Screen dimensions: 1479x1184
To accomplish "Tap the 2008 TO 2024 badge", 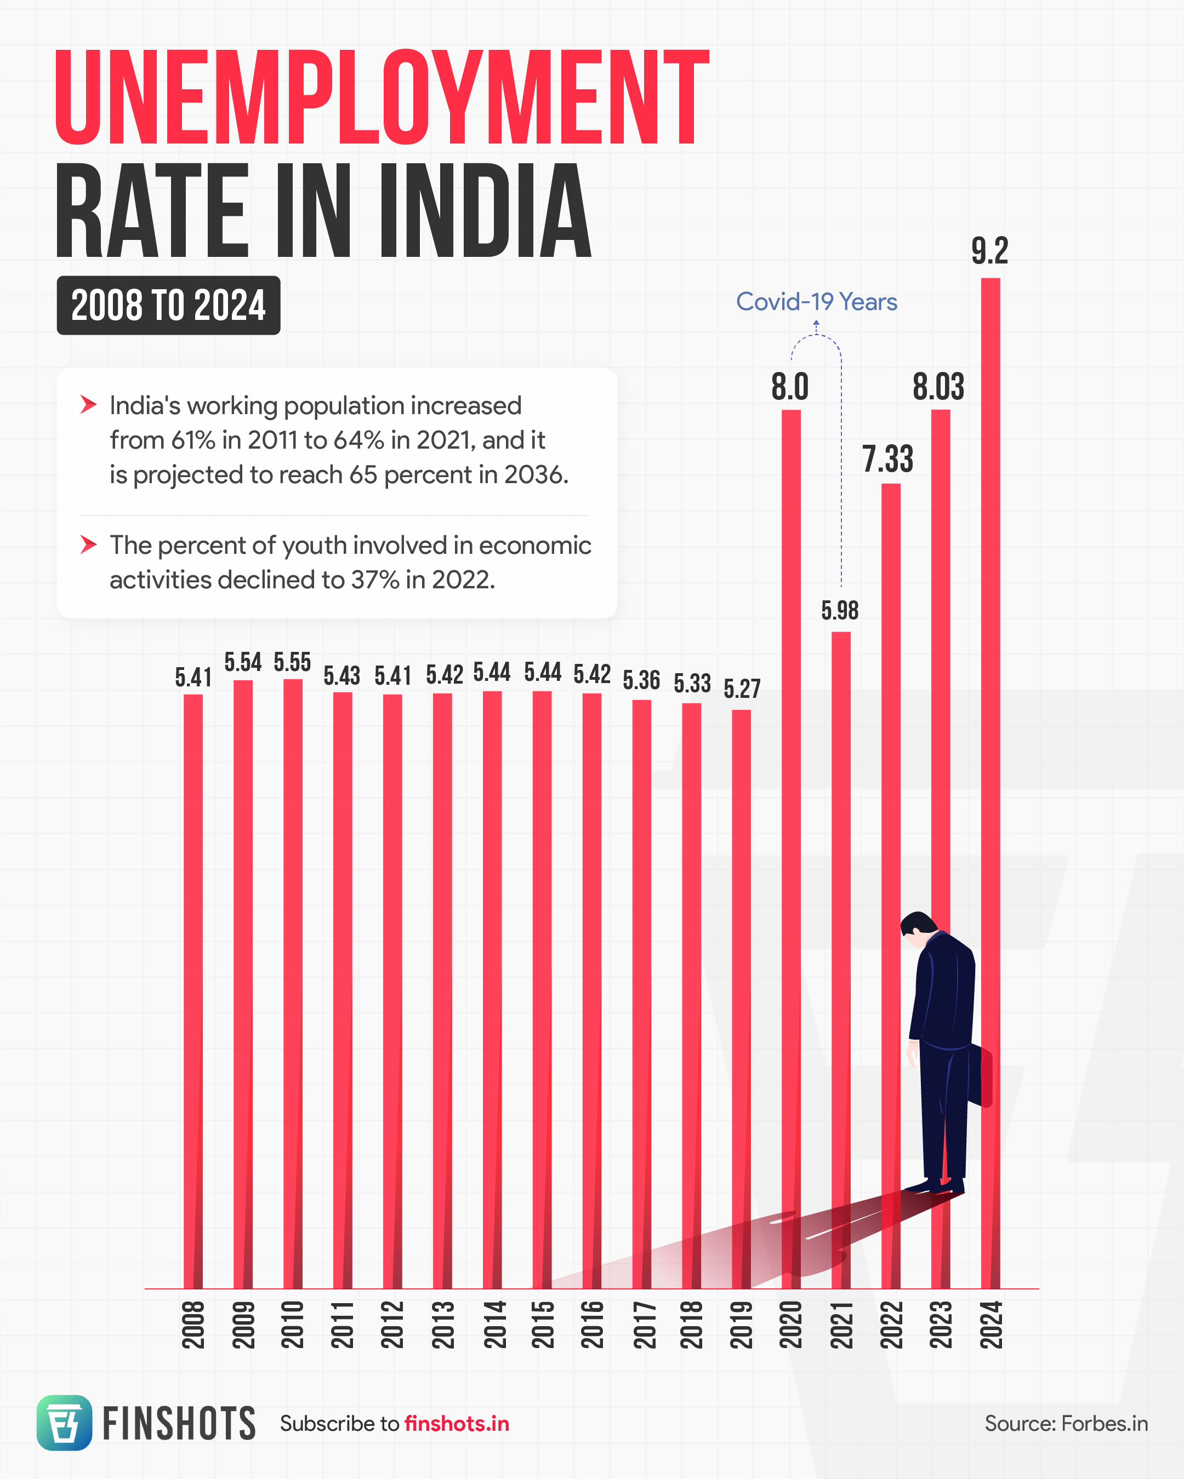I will tap(168, 305).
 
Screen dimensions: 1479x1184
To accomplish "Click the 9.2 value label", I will tap(989, 250).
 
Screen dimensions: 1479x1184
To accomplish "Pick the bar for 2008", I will tap(193, 988).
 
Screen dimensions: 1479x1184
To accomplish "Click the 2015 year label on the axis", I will tap(542, 1325).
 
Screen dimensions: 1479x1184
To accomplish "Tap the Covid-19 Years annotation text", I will tap(816, 302).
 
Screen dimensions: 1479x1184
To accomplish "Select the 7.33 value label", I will tap(887, 459).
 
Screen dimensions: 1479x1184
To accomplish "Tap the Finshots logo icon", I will tap(64, 1423).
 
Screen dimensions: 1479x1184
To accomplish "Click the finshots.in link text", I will tap(457, 1424).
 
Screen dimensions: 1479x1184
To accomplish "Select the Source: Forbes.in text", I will tap(1066, 1424).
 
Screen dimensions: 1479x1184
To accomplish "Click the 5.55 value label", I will tap(292, 662).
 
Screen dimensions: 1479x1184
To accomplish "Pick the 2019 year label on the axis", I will tap(741, 1325).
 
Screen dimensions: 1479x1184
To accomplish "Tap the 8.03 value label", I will tap(938, 386).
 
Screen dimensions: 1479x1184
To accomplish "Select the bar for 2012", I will tap(392, 988).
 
